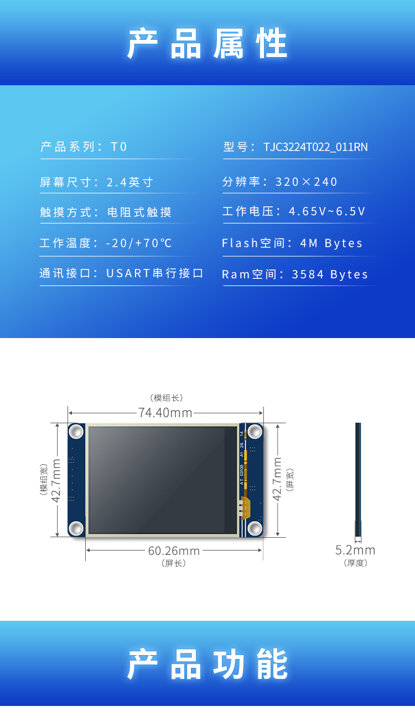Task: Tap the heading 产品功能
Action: (x=207, y=664)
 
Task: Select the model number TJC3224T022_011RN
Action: (x=315, y=147)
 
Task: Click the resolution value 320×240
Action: (x=307, y=182)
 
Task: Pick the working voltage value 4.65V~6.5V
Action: (x=327, y=212)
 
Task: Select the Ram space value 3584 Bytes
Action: (x=330, y=275)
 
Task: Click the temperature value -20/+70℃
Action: (x=139, y=243)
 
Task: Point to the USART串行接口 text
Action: (x=155, y=274)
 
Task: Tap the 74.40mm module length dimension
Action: (x=165, y=413)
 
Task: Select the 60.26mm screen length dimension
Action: (x=174, y=551)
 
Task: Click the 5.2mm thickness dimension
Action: (x=355, y=550)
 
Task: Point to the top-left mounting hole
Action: (x=76, y=431)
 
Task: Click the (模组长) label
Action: (x=166, y=398)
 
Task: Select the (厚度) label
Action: (x=355, y=563)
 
